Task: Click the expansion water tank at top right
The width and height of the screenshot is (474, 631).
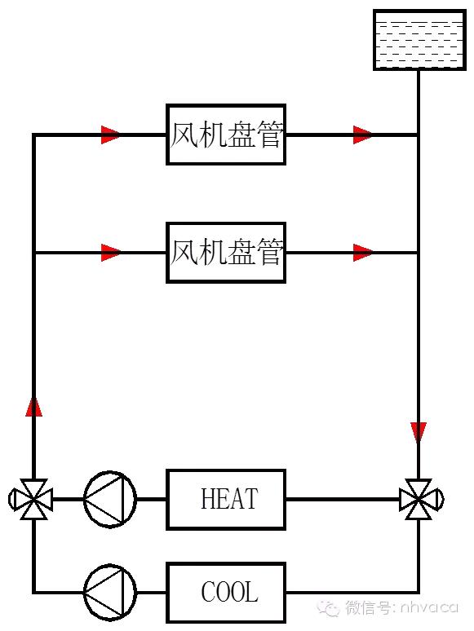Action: pyautogui.click(x=419, y=40)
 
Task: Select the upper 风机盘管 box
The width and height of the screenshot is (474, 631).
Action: pyautogui.click(x=226, y=135)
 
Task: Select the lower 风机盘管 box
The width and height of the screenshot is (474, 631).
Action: pyautogui.click(x=226, y=253)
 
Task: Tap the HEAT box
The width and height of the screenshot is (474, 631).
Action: pyautogui.click(x=226, y=499)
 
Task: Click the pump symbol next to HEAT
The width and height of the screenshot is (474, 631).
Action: pyautogui.click(x=109, y=499)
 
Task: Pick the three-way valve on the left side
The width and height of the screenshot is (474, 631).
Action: pyautogui.click(x=33, y=499)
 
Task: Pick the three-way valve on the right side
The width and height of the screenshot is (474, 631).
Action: pyautogui.click(x=419, y=499)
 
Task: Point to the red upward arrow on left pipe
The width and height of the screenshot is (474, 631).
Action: pyautogui.click(x=33, y=406)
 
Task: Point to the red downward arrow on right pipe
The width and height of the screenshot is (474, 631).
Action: pyautogui.click(x=419, y=432)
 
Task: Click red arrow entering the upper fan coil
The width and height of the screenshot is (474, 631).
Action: pyautogui.click(x=111, y=135)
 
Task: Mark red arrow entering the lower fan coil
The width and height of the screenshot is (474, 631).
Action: pyautogui.click(x=111, y=253)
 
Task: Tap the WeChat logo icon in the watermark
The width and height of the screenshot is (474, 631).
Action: pyautogui.click(x=330, y=607)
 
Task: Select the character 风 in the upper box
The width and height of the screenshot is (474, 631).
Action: pyautogui.click(x=185, y=135)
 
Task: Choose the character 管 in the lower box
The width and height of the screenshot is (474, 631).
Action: pyautogui.click(x=268, y=253)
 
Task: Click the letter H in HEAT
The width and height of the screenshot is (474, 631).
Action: pyautogui.click(x=207, y=499)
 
